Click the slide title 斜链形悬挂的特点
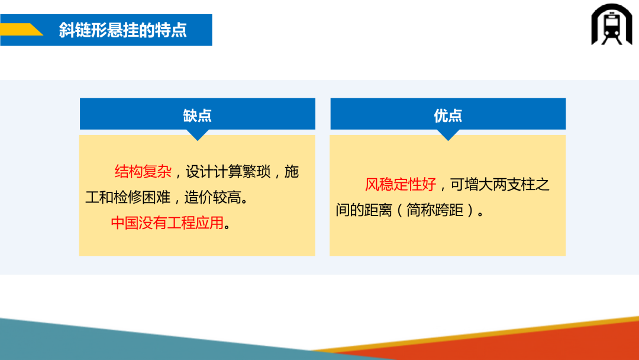122,30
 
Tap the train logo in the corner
611,24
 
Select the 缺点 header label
197,116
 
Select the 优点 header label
448,116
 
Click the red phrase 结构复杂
143,172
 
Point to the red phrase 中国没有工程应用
167,223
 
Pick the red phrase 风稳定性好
401,185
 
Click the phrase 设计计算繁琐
228,172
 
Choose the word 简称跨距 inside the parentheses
435,210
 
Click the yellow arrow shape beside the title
22,30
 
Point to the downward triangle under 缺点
198,135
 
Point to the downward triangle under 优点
448,135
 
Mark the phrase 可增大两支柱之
500,185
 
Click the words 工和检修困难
128,197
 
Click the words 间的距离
364,210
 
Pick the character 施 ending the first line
292,172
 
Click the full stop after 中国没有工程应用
227,226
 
